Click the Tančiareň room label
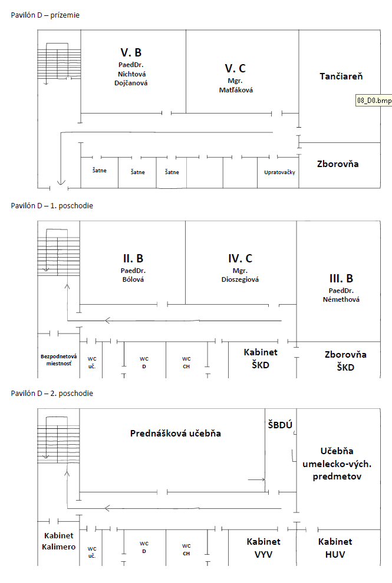point(341,76)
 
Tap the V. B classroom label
point(131,52)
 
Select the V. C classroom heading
point(235,68)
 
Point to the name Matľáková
point(236,90)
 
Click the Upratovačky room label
point(279,172)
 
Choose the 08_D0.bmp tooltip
point(374,101)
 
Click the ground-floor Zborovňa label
point(338,164)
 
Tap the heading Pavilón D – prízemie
point(45,15)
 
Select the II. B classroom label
point(133,258)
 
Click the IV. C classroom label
point(240,258)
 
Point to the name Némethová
point(341,299)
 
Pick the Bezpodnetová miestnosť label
point(58,360)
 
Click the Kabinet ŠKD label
point(261,358)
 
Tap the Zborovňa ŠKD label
point(345,361)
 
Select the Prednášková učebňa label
point(175,434)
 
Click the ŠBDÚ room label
point(280,425)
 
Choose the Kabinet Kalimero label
point(58,541)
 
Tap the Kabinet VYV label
point(263,548)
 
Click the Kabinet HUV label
point(335,548)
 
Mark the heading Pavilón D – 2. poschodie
point(52,394)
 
